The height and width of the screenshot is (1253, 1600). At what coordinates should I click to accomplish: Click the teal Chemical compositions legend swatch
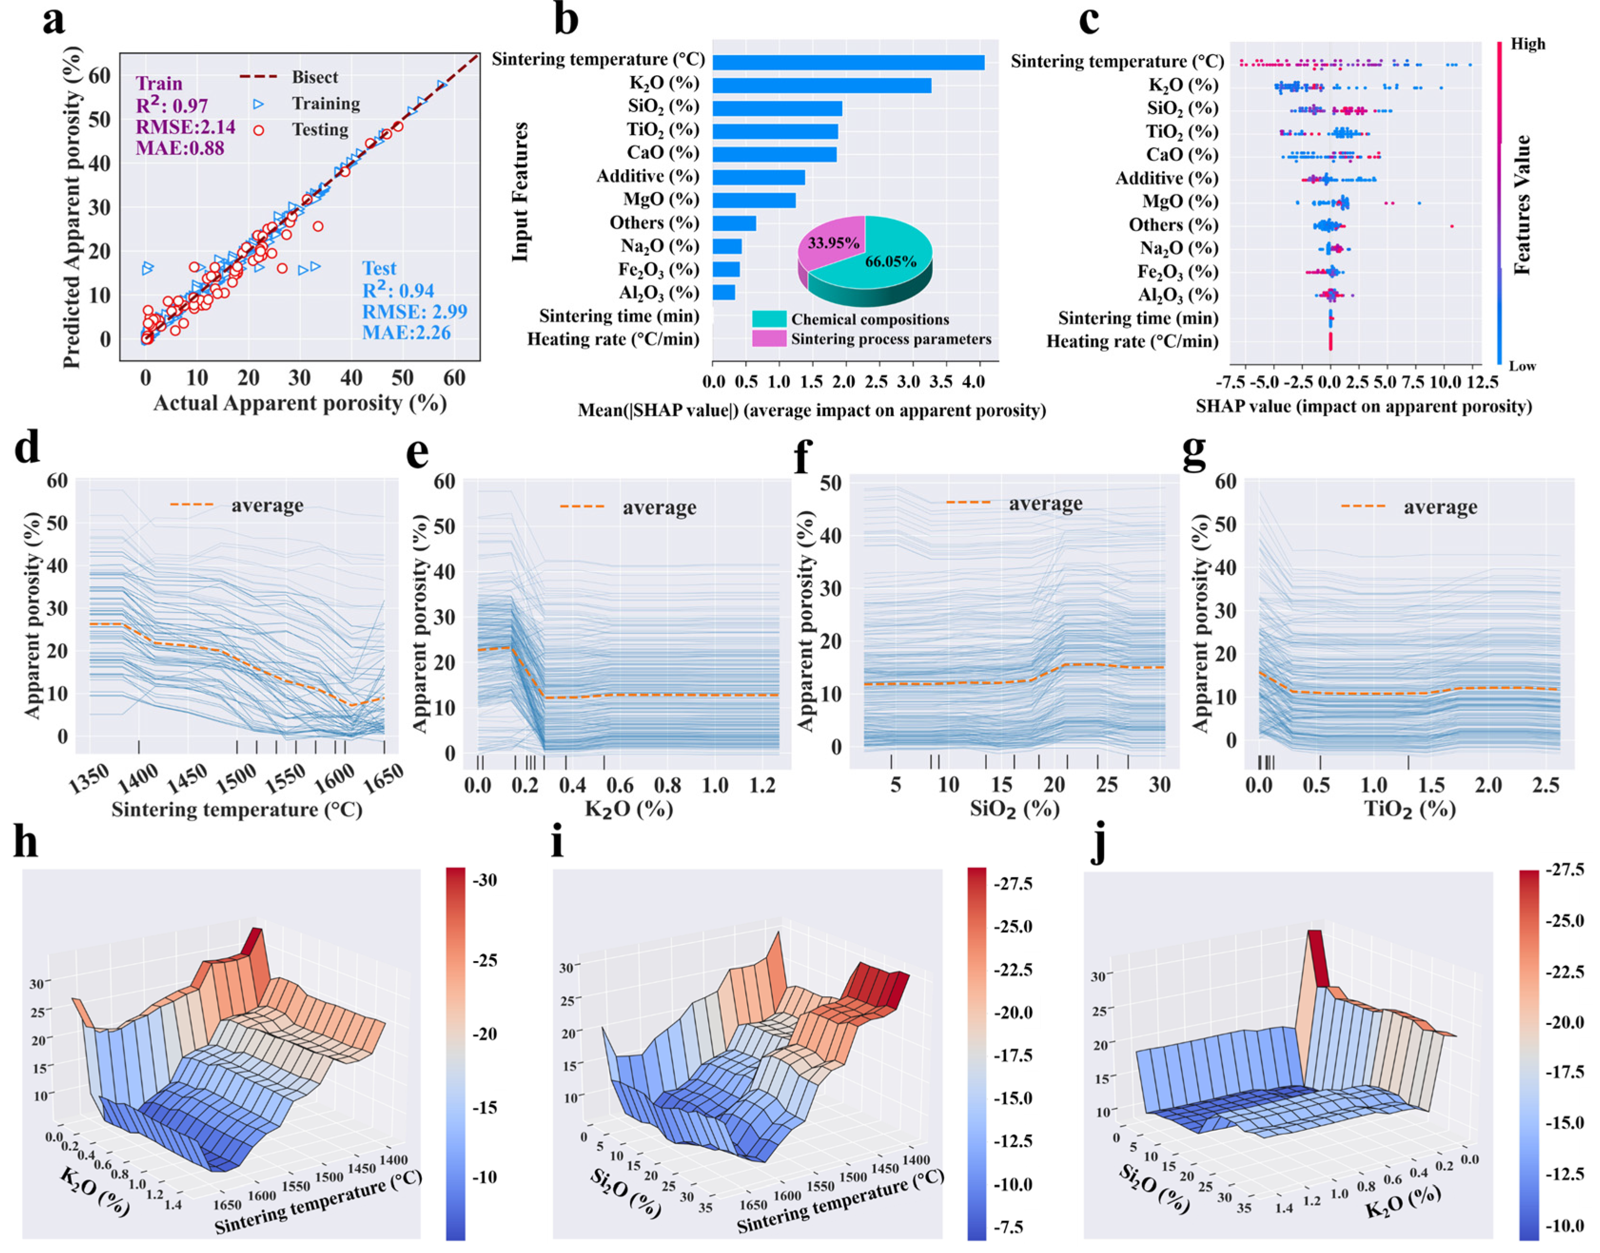point(768,319)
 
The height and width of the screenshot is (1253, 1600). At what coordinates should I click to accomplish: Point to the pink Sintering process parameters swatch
point(768,338)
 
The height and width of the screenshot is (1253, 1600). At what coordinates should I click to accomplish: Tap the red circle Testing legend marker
point(258,130)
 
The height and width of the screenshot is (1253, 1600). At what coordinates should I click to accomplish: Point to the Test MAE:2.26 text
point(406,333)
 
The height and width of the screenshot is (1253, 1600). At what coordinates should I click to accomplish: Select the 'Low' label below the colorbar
point(1522,366)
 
